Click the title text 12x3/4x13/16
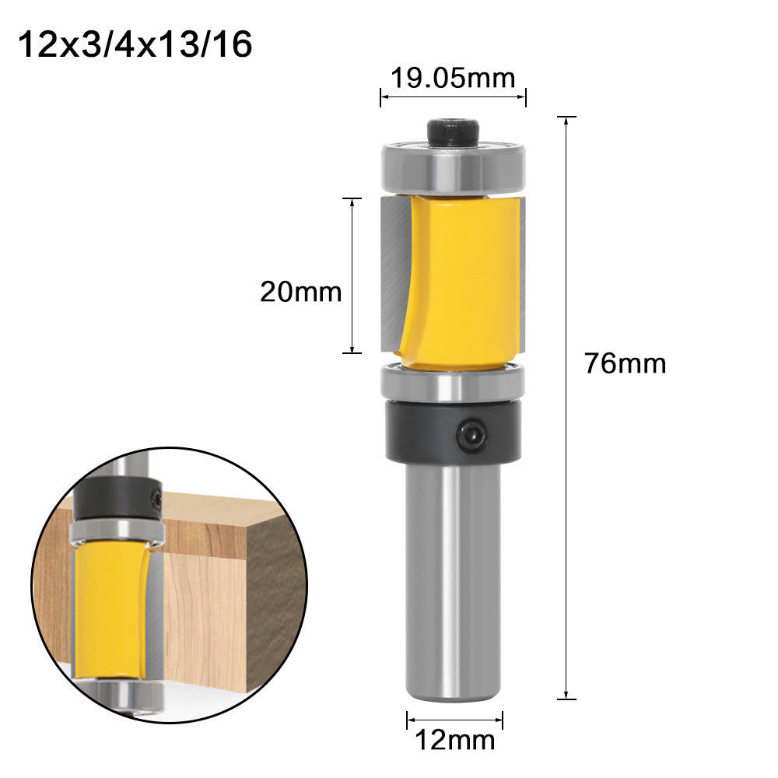(135, 45)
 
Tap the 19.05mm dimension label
(453, 78)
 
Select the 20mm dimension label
(300, 292)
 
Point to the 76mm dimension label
(626, 363)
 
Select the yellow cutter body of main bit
(459, 280)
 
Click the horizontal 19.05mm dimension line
(453, 97)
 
